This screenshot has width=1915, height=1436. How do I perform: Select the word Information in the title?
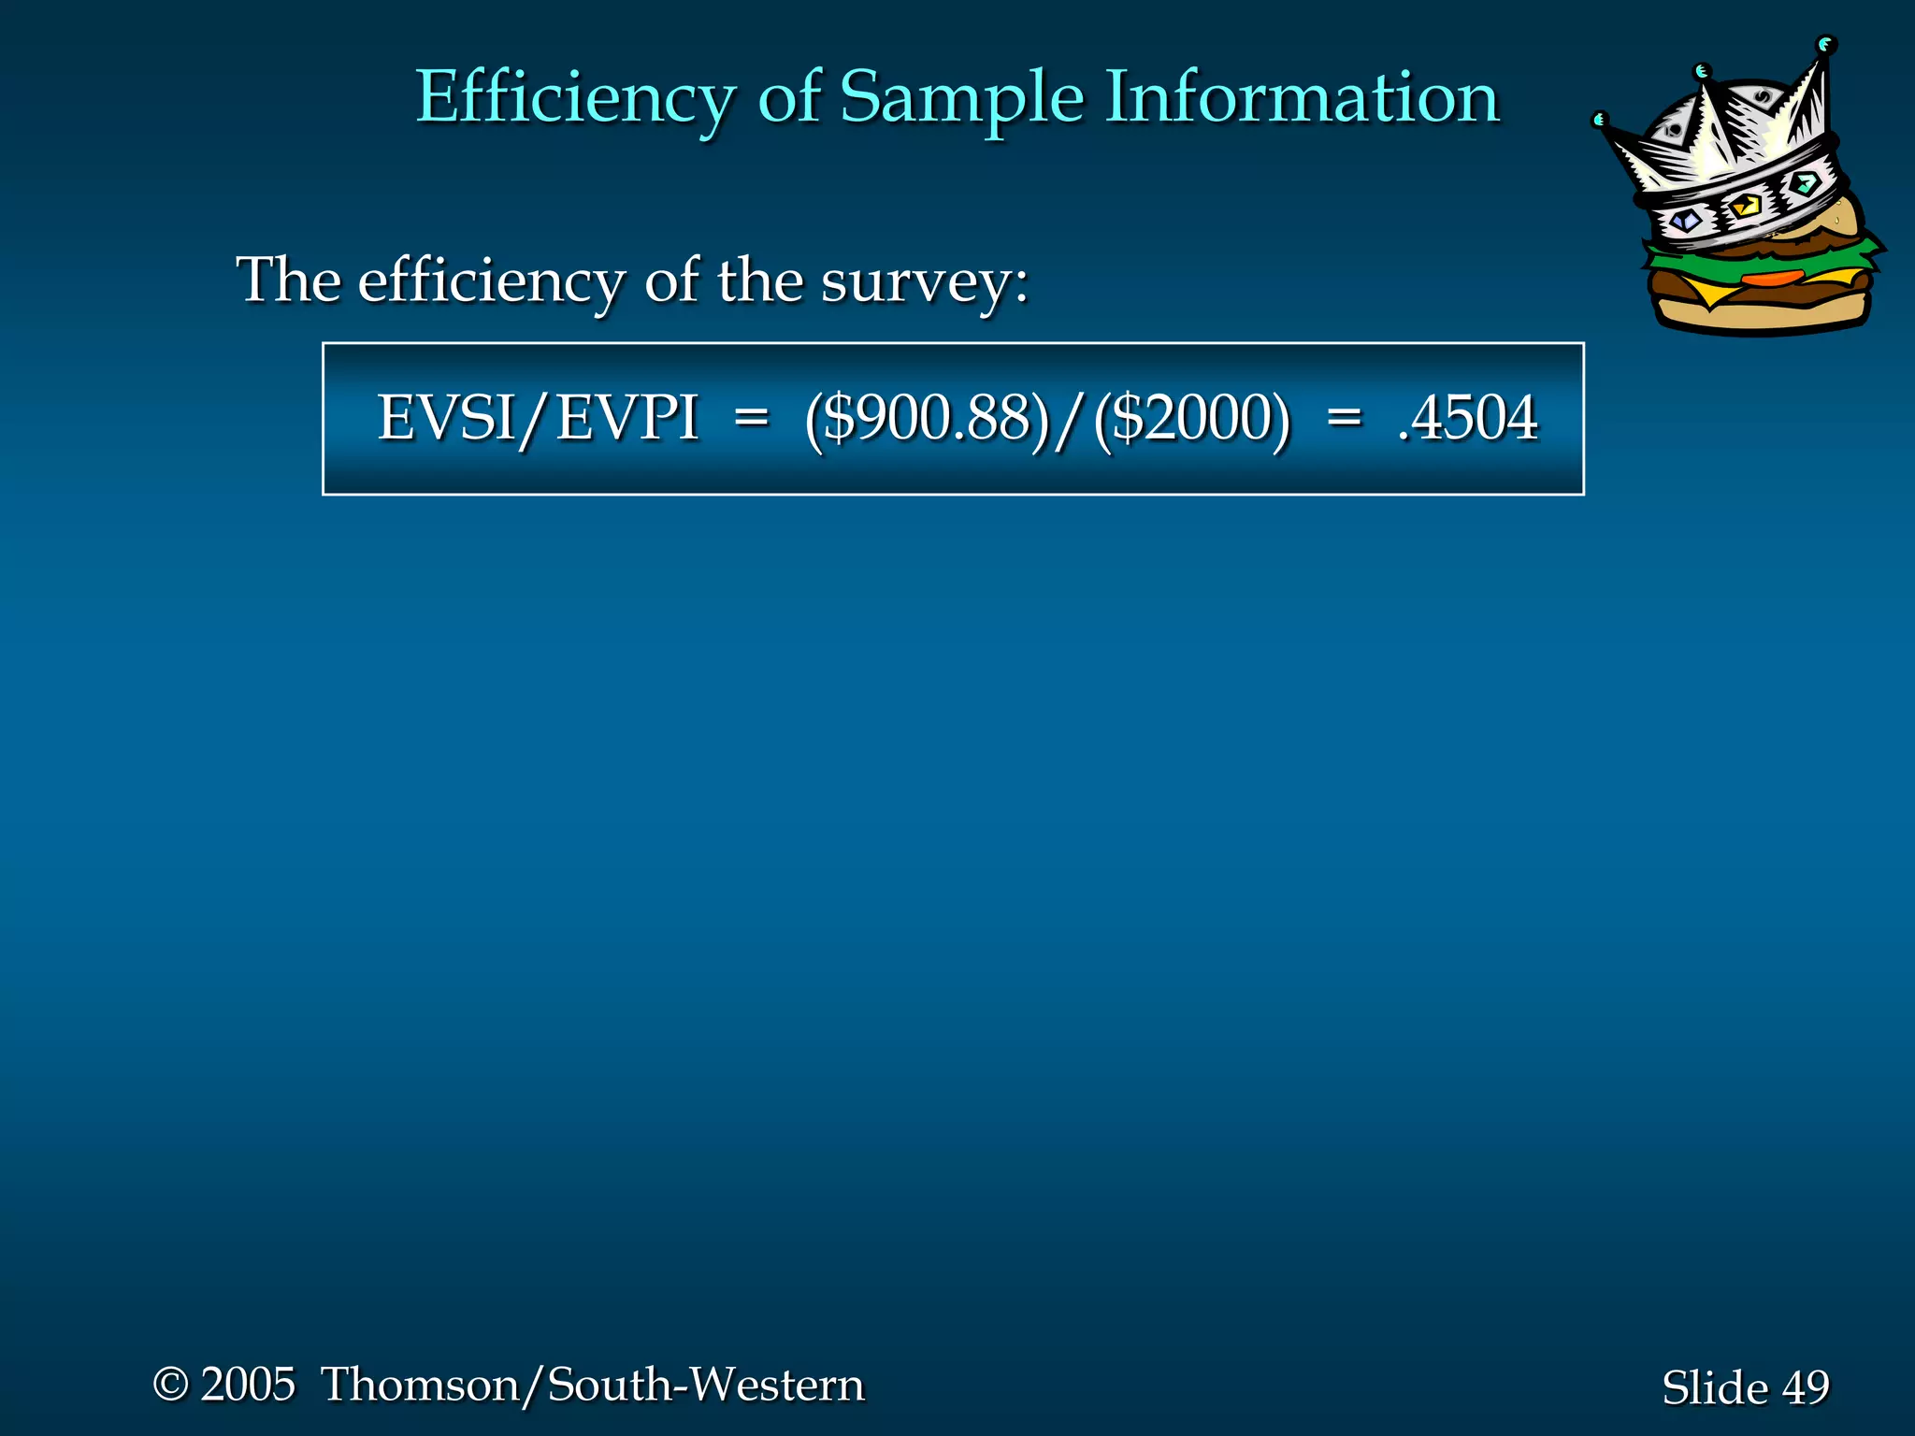1303,96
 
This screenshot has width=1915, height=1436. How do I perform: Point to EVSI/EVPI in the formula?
538,418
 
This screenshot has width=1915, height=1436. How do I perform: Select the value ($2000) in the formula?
1192,418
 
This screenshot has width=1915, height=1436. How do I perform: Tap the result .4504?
1467,418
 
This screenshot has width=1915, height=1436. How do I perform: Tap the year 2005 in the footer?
248,1385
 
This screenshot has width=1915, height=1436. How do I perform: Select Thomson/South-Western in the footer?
593,1385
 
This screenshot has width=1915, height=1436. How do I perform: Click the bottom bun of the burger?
1758,316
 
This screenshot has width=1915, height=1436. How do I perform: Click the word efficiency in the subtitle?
491,280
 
